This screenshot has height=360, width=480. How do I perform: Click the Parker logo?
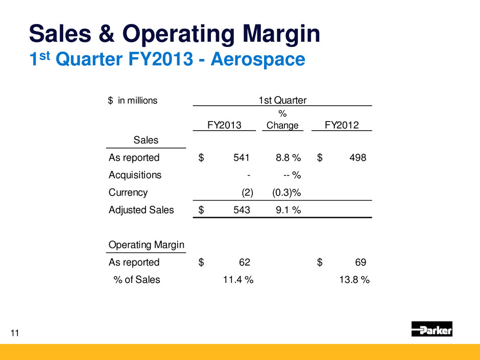(431, 329)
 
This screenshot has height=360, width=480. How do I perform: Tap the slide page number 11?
(15, 333)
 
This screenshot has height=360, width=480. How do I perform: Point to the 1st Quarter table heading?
(282, 100)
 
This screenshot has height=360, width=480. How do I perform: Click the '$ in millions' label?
(133, 101)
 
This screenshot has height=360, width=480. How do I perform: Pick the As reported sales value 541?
(242, 158)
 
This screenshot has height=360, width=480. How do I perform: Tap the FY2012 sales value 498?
(357, 158)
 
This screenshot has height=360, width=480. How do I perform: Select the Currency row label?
(128, 193)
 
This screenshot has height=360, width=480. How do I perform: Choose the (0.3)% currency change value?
(282, 193)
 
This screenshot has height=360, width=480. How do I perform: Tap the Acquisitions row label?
(135, 175)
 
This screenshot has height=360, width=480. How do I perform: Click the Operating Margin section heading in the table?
(147, 245)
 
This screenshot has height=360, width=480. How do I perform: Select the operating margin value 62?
(245, 262)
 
